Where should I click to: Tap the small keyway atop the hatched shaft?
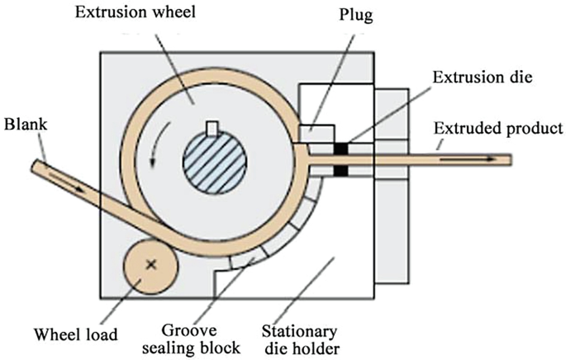click(x=213, y=127)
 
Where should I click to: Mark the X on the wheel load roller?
click(x=150, y=264)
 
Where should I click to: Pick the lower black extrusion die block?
click(x=340, y=171)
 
